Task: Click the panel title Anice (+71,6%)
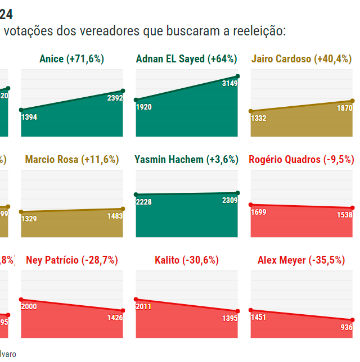pos(72,59)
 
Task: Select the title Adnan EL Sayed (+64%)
pos(186,59)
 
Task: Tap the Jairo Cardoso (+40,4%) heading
pos(301,59)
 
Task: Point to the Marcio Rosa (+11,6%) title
pos(72,160)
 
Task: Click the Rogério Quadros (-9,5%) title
pos(301,160)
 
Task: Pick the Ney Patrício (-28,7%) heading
pos(72,260)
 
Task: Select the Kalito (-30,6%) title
pos(186,260)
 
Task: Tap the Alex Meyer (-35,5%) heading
pos(301,260)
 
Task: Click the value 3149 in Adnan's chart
pos(229,83)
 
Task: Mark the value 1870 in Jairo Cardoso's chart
pos(344,108)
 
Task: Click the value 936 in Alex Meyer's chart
pos(346,327)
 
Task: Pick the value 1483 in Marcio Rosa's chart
pos(115,216)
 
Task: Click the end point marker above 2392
pos(123,90)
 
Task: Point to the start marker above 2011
pos(136,300)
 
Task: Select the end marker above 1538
pos(353,208)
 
